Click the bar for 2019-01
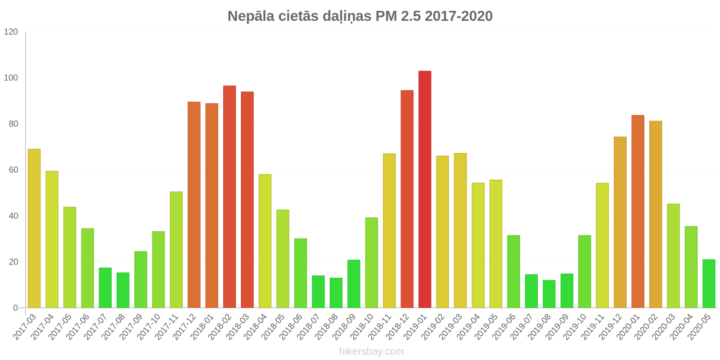pyautogui.click(x=425, y=189)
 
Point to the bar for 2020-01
pyautogui.click(x=638, y=211)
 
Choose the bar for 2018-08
pyautogui.click(x=336, y=292)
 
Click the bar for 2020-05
pyautogui.click(x=709, y=283)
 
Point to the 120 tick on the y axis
pyautogui.click(x=11, y=32)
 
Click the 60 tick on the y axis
pyautogui.click(x=13, y=170)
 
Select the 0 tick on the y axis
pyautogui.click(x=16, y=308)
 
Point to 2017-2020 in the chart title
pyautogui.click(x=459, y=16)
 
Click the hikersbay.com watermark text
pyautogui.click(x=372, y=351)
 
